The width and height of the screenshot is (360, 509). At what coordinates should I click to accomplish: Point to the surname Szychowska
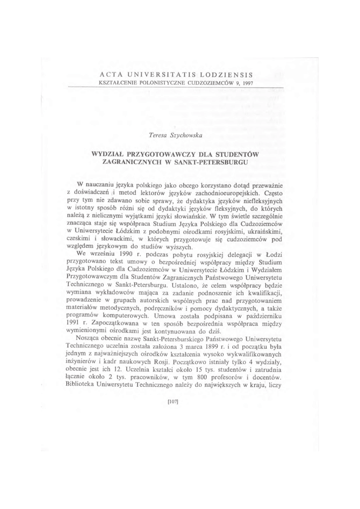[187, 135]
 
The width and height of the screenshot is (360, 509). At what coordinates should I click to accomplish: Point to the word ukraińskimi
[276, 231]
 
